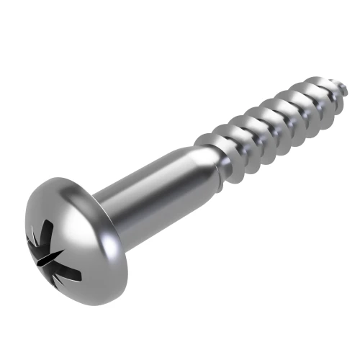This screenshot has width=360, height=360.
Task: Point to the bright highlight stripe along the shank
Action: (x=144, y=180)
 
